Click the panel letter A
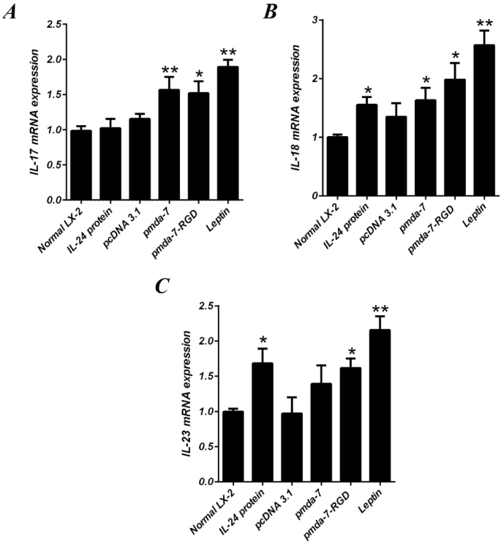12,15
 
